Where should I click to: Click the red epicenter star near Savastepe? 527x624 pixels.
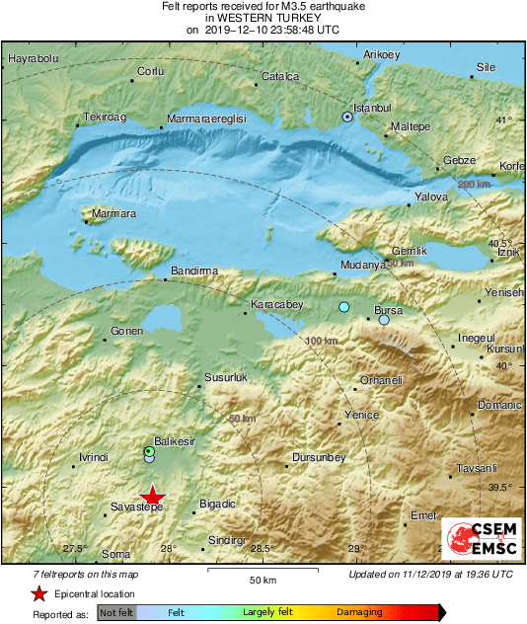151,496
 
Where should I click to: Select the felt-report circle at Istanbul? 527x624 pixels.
347,117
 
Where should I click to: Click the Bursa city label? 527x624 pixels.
388,310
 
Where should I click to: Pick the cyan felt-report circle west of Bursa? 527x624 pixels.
343,308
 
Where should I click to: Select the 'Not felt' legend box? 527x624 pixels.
116,613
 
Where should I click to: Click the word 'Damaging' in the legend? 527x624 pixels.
359,613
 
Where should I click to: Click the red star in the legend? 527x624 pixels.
38,594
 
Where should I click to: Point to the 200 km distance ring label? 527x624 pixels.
475,184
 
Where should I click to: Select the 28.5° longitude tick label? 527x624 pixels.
262,549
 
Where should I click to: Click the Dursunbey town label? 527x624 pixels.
320,458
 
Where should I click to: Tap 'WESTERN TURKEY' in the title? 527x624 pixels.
263,18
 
